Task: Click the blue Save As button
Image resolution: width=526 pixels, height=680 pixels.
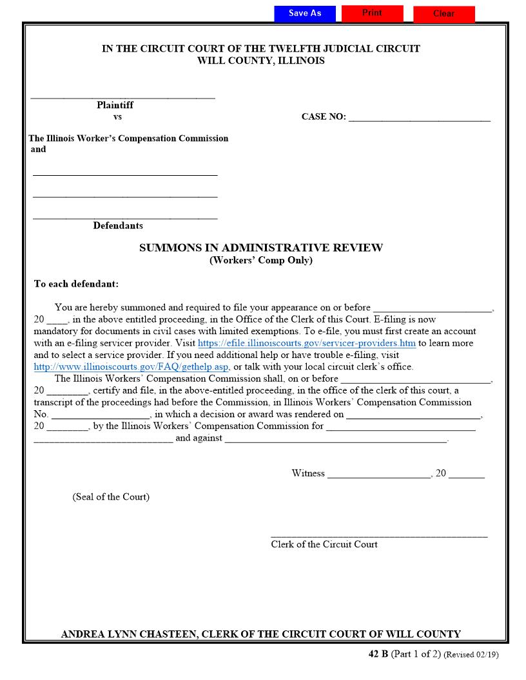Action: tap(305, 14)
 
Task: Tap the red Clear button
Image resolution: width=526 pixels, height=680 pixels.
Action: tap(443, 14)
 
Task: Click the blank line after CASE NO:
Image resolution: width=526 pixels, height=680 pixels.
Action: tap(419, 119)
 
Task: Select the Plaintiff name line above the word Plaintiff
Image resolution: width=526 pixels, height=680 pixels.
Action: tap(122, 97)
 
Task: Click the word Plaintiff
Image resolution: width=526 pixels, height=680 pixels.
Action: tap(115, 105)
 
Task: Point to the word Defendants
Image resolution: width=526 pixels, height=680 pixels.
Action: tap(118, 225)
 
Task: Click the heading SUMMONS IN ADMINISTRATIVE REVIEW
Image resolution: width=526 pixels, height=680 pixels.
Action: tap(261, 248)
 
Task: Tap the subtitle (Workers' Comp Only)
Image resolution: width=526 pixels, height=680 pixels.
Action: tap(261, 261)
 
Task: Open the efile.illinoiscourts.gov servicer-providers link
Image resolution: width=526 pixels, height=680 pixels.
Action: tap(306, 343)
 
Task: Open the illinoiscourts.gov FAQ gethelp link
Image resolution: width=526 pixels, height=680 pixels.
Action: tap(131, 367)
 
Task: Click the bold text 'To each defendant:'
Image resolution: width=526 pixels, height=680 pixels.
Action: tap(76, 284)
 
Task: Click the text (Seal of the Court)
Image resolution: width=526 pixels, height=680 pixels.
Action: tap(111, 497)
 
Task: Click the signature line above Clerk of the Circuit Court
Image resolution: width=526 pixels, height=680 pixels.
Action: tap(378, 535)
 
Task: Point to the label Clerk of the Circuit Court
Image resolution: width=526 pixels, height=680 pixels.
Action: tap(324, 545)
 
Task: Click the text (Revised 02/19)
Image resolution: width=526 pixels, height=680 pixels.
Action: tap(471, 655)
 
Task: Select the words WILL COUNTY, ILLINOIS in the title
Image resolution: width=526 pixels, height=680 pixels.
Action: tap(261, 61)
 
